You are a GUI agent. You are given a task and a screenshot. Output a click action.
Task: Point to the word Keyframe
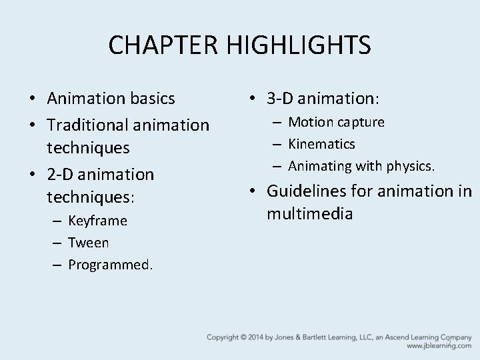pos(97,220)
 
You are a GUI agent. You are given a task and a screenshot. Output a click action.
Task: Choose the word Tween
pos(88,242)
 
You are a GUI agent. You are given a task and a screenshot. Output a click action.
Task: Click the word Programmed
pos(110,265)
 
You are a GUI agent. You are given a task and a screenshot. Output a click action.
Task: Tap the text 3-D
pos(282,99)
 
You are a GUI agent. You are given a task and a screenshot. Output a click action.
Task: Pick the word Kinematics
pos(321,143)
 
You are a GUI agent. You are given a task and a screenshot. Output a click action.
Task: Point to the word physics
pos(411,165)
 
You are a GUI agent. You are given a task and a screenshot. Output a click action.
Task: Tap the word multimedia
pos(310,213)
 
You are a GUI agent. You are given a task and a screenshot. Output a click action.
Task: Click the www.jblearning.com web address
pos(438,347)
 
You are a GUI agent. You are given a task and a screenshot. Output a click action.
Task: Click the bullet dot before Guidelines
pos(253,191)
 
